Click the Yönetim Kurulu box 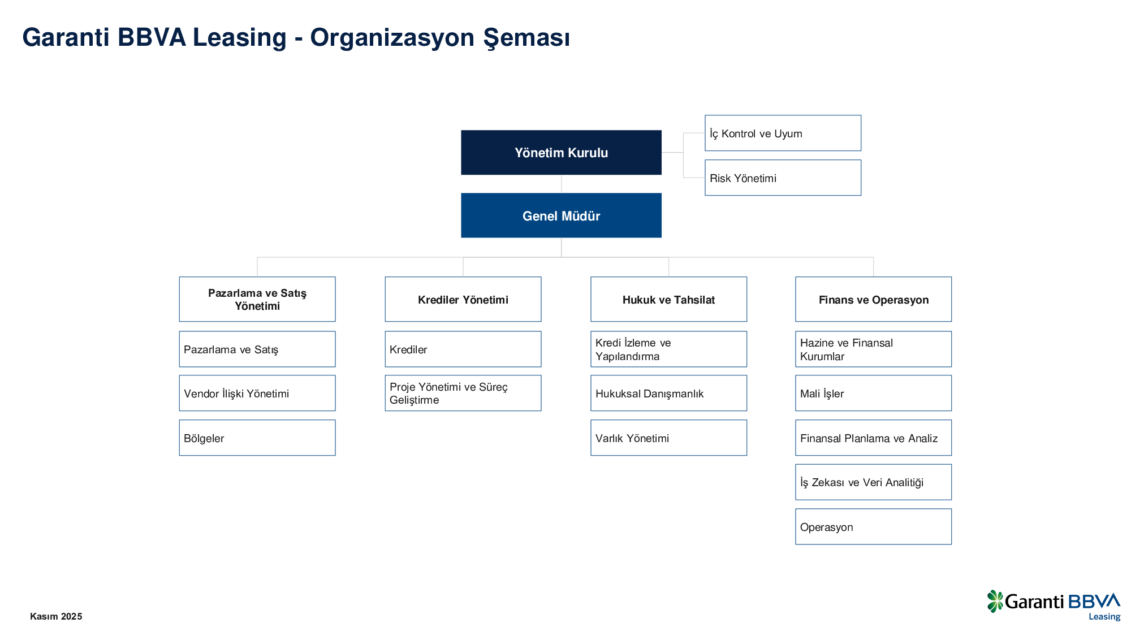point(561,153)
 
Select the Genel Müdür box point(561,215)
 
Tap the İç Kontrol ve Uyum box point(783,133)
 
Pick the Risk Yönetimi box point(783,178)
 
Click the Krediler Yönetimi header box point(463,299)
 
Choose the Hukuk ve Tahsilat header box point(668,299)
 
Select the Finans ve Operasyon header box point(873,299)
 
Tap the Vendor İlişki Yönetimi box point(257,393)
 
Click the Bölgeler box point(257,438)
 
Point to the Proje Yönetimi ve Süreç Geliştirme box point(463,393)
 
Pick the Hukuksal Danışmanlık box point(668,393)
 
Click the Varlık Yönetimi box point(668,438)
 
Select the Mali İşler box point(873,393)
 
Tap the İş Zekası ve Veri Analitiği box point(873,482)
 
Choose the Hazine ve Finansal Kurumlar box point(873,349)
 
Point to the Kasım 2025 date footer point(56,616)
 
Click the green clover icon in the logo point(995,601)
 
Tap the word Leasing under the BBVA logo point(1104,617)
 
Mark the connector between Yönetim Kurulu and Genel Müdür point(561,184)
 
